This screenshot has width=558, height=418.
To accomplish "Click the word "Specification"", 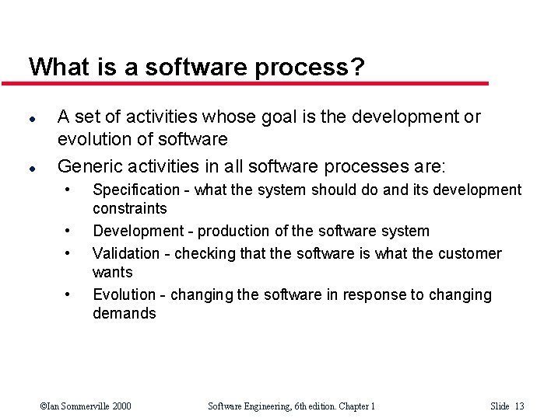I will click(136, 190).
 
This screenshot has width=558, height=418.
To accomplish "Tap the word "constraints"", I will click(129, 208).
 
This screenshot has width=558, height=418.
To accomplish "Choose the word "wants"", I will click(112, 272).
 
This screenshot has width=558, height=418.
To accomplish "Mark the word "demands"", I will click(124, 313).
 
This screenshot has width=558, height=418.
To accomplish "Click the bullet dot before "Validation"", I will click(68, 253).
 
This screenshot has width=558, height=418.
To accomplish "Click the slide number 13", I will click(519, 406).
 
